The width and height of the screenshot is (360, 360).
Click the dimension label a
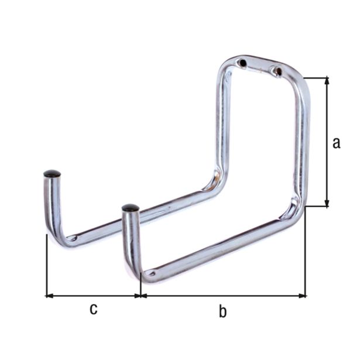point(337,143)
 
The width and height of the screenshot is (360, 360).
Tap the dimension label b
point(222,311)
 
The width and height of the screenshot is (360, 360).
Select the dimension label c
point(94,309)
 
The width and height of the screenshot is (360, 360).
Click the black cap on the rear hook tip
point(52,174)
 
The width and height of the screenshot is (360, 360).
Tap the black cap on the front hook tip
point(131,208)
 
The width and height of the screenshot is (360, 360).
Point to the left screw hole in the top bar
point(242,63)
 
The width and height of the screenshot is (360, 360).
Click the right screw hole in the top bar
point(278,71)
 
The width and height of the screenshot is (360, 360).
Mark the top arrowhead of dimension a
point(327,81)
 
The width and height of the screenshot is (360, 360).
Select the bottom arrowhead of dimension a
point(327,203)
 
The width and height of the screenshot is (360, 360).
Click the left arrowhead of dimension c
point(50,296)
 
